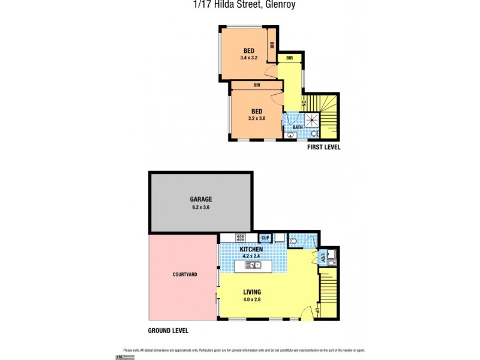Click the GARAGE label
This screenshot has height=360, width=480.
tap(202, 199)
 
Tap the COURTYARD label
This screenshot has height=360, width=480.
tap(185, 274)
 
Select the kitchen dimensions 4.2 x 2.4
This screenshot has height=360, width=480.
tap(252, 256)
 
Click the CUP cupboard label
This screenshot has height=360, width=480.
tap(265, 238)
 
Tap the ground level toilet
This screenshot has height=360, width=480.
tap(293, 242)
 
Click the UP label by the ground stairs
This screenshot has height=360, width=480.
tap(316, 310)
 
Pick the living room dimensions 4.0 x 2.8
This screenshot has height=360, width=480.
tap(251, 300)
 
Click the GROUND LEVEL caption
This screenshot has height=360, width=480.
tap(168, 331)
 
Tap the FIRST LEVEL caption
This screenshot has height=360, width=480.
tap(323, 146)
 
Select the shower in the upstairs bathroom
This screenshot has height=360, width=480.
tap(311, 122)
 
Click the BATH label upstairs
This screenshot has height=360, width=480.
tap(298, 127)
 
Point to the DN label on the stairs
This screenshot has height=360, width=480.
tap(305, 104)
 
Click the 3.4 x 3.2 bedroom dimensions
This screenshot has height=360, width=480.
tap(248, 58)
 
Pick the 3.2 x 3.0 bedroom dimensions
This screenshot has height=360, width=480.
tap(256, 118)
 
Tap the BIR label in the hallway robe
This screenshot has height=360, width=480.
tap(289, 58)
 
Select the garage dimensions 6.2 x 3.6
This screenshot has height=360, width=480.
tap(202, 207)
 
